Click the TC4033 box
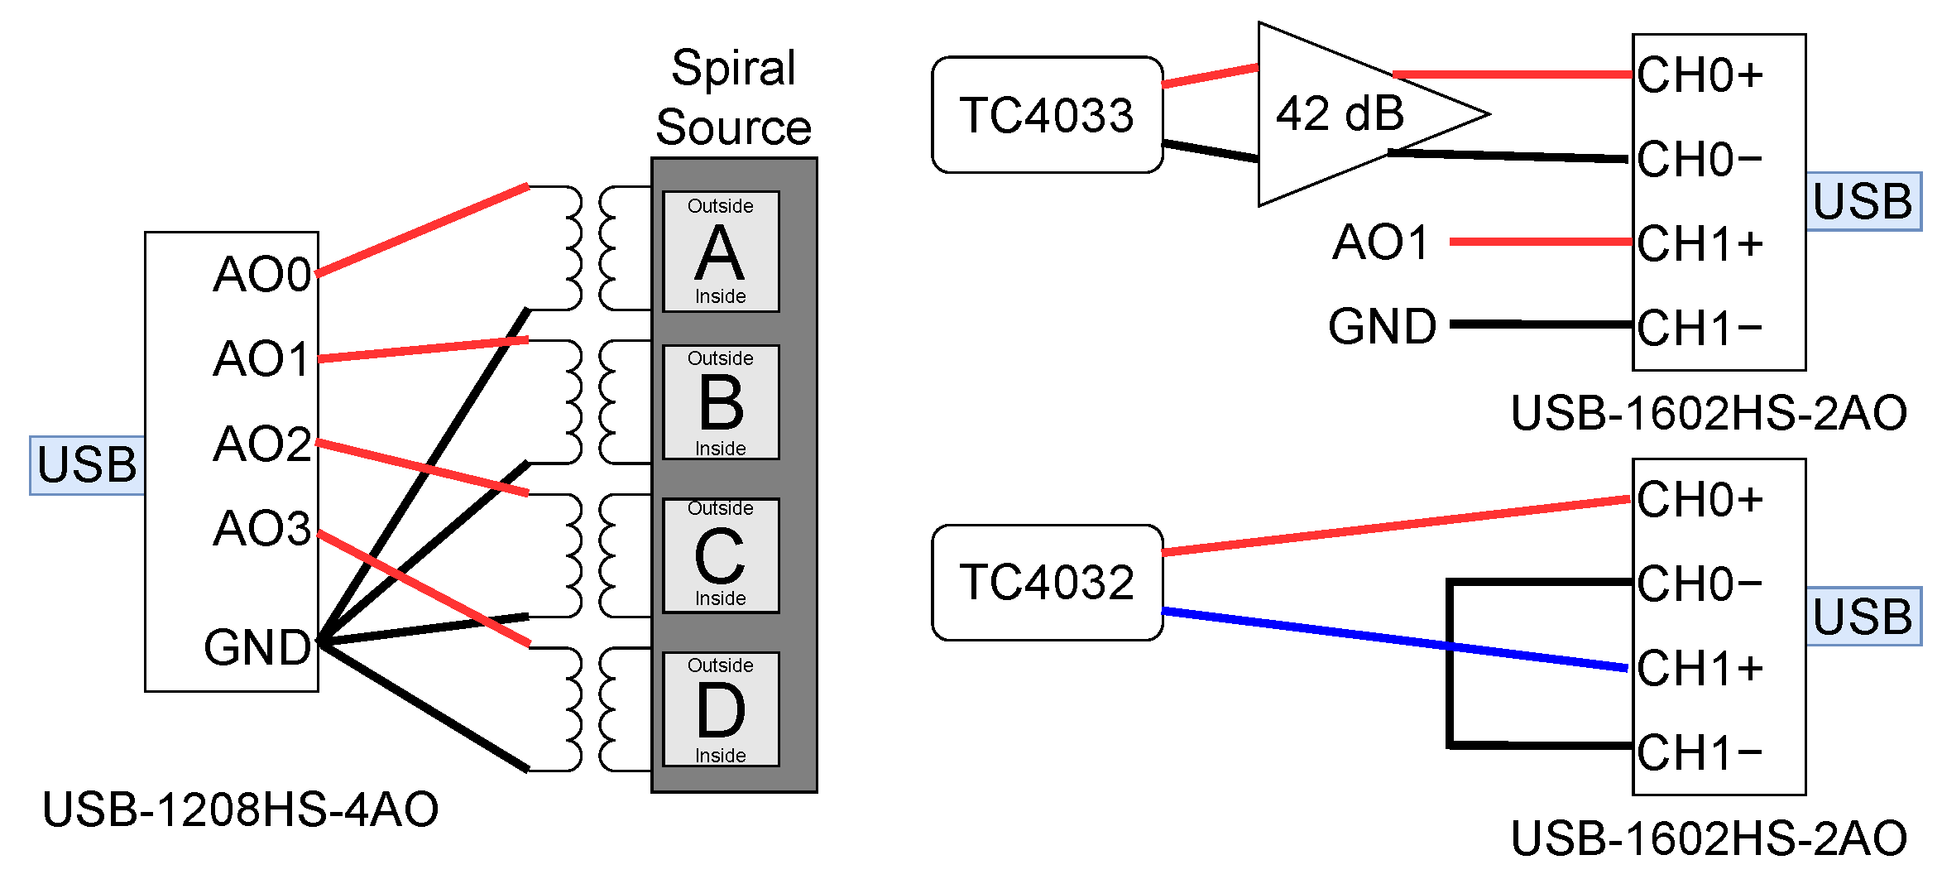click(1047, 115)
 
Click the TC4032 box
click(1047, 582)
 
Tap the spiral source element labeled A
click(720, 252)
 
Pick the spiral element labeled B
click(720, 402)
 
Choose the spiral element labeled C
click(720, 555)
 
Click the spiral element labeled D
click(720, 709)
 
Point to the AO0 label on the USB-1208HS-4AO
click(261, 274)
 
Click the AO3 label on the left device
click(261, 528)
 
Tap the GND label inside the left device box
click(257, 647)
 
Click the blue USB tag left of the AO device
click(87, 465)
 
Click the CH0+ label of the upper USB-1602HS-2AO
click(1700, 75)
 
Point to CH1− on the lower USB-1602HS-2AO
click(1700, 752)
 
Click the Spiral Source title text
click(733, 98)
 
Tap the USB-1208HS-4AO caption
click(240, 809)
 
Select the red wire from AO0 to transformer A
click(422, 229)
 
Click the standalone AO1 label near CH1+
click(1380, 243)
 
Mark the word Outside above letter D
click(720, 665)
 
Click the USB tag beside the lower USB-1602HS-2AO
click(1863, 617)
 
